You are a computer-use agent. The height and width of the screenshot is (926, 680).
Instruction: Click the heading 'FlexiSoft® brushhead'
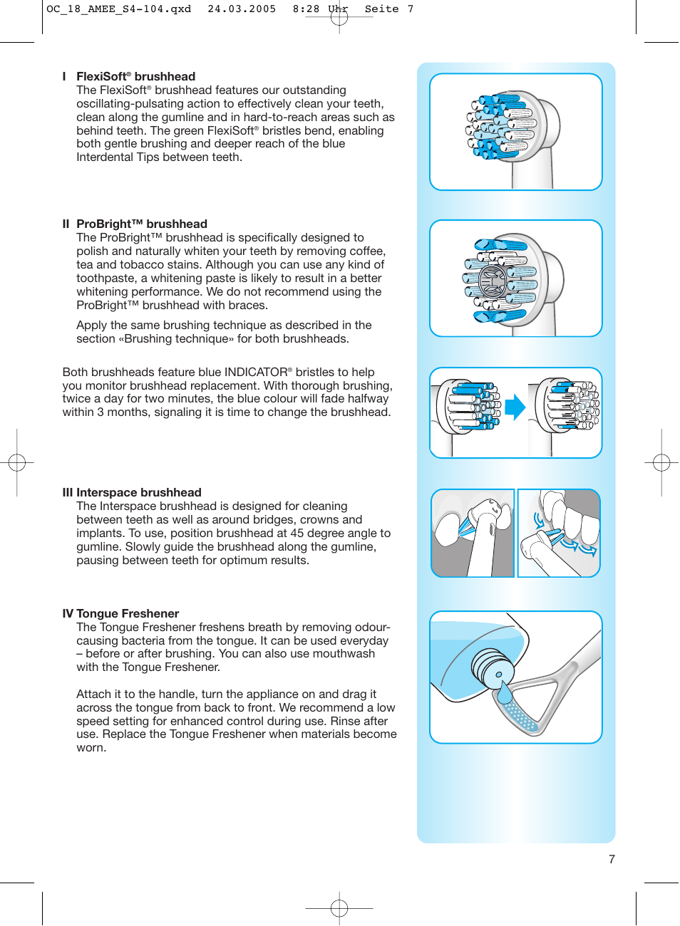point(135,76)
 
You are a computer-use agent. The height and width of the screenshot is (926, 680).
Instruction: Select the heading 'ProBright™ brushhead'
point(141,224)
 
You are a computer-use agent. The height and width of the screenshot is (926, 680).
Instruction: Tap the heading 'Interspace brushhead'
point(138,492)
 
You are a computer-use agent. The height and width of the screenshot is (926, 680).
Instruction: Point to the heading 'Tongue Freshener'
point(128,613)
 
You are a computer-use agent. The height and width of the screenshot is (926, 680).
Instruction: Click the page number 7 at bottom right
point(612,859)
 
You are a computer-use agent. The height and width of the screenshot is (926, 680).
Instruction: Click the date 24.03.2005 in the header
point(242,9)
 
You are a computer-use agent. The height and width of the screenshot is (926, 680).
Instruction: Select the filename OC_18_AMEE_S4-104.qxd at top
point(118,9)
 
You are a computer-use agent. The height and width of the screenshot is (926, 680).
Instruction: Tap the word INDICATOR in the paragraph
point(256,372)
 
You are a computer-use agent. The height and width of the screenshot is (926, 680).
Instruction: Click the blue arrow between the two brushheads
point(515,407)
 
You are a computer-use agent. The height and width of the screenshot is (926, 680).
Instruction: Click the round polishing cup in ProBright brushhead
point(492,282)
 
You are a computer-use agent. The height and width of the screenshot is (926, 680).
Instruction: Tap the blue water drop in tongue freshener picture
point(505,691)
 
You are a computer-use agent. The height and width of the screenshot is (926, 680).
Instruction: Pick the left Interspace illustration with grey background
point(473,533)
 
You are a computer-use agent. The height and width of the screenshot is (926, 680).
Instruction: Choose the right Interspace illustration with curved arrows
point(559,533)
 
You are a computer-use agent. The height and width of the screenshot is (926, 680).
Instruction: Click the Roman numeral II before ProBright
point(66,224)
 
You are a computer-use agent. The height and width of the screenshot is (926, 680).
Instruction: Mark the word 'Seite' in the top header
point(381,9)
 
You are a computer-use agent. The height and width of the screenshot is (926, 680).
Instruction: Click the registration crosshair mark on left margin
point(17,463)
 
